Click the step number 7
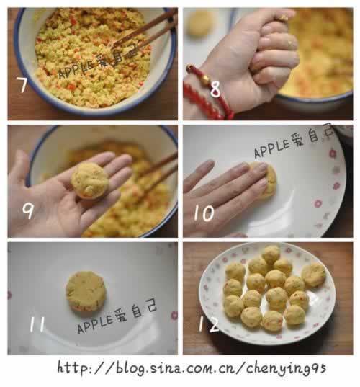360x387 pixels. coord(23,86)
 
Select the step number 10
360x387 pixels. coord(204,214)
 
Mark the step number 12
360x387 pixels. coord(208,324)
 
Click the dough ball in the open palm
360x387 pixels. coord(90,180)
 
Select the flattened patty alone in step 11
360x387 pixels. coord(86,291)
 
